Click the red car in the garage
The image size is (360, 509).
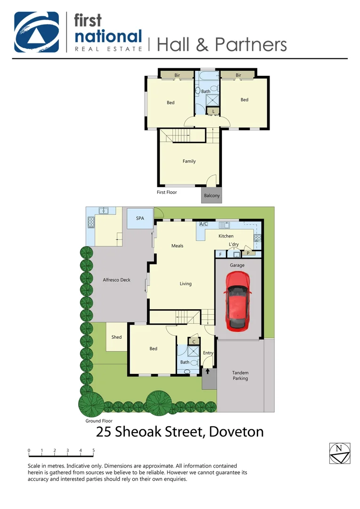(238, 301)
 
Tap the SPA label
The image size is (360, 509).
(140, 219)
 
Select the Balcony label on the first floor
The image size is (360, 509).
(212, 196)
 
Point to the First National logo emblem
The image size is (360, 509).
(36, 32)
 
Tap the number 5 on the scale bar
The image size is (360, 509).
(94, 451)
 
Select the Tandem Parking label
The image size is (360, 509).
(240, 376)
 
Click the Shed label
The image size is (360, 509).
(116, 337)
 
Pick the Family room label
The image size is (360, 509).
(189, 161)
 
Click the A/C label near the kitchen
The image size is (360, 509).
(204, 224)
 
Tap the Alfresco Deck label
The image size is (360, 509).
(116, 280)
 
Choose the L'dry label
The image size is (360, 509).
(234, 244)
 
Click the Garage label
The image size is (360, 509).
(237, 265)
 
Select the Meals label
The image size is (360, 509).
(177, 246)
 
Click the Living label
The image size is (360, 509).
(186, 284)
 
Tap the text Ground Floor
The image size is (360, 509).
(99, 421)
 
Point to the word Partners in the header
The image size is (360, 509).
(251, 45)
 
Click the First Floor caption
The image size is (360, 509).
(167, 192)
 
